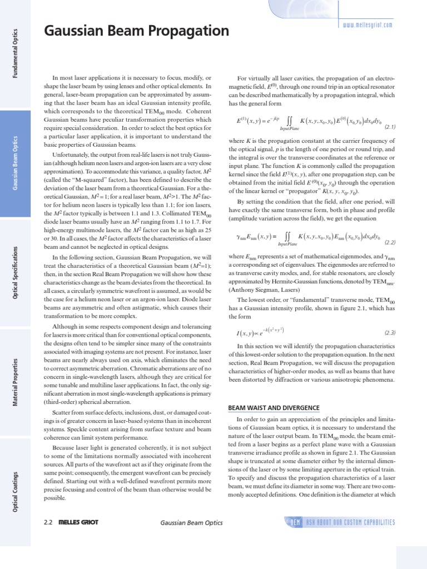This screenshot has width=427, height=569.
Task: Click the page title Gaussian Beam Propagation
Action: (136, 32)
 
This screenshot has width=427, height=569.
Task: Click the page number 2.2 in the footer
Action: (48, 523)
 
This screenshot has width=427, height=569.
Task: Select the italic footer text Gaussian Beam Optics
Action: (191, 523)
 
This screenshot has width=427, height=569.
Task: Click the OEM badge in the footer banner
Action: (294, 522)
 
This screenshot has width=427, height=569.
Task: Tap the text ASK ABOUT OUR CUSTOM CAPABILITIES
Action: (350, 522)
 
